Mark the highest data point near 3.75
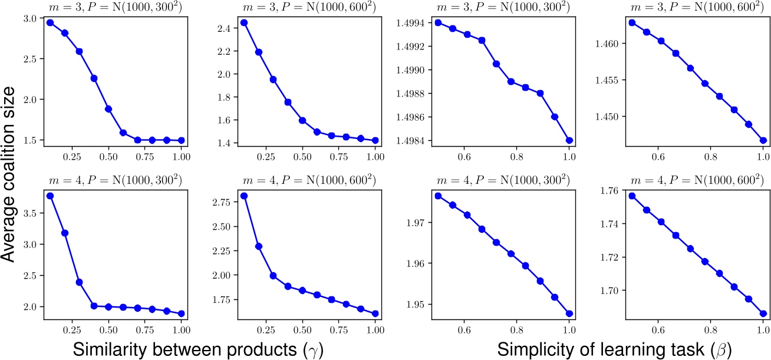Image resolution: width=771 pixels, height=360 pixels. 51,196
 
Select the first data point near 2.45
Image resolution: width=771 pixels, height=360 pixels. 244,22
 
